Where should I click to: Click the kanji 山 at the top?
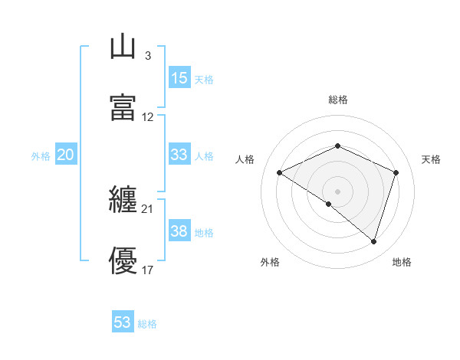(x=123, y=47)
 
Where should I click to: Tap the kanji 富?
(x=123, y=107)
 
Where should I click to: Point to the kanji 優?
(x=123, y=261)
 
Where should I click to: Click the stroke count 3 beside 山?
(x=147, y=55)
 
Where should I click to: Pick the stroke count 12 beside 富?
(x=148, y=117)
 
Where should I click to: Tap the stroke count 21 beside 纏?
(x=147, y=208)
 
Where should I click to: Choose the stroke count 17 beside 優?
(x=148, y=270)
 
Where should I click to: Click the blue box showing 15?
(x=179, y=77)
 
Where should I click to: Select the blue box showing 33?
(x=179, y=154)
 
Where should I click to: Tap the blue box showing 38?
(x=179, y=231)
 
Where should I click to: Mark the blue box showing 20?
(x=66, y=155)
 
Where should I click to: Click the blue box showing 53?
(x=123, y=322)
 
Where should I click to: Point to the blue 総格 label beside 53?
(x=147, y=324)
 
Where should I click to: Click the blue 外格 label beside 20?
(x=41, y=156)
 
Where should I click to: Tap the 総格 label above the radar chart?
(x=337, y=100)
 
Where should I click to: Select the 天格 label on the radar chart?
(x=431, y=159)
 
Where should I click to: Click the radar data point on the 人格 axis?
(x=280, y=173)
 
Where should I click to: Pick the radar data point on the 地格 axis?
(x=373, y=241)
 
